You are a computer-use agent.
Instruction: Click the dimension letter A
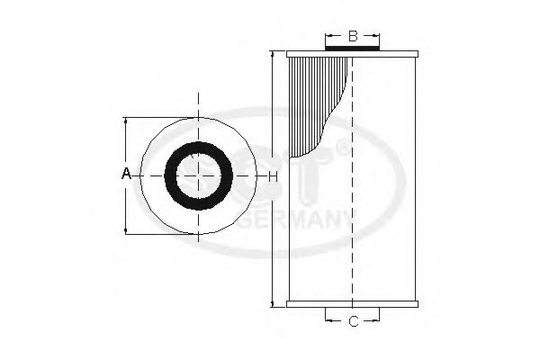pos(126,173)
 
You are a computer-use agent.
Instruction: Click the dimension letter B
pos(353,36)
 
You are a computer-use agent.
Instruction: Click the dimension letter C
pos(353,320)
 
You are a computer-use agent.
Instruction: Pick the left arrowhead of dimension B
pos(327,36)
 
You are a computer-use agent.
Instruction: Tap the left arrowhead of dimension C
pos(327,320)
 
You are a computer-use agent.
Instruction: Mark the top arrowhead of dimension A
pos(126,120)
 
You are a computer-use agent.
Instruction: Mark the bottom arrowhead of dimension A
pos(126,231)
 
